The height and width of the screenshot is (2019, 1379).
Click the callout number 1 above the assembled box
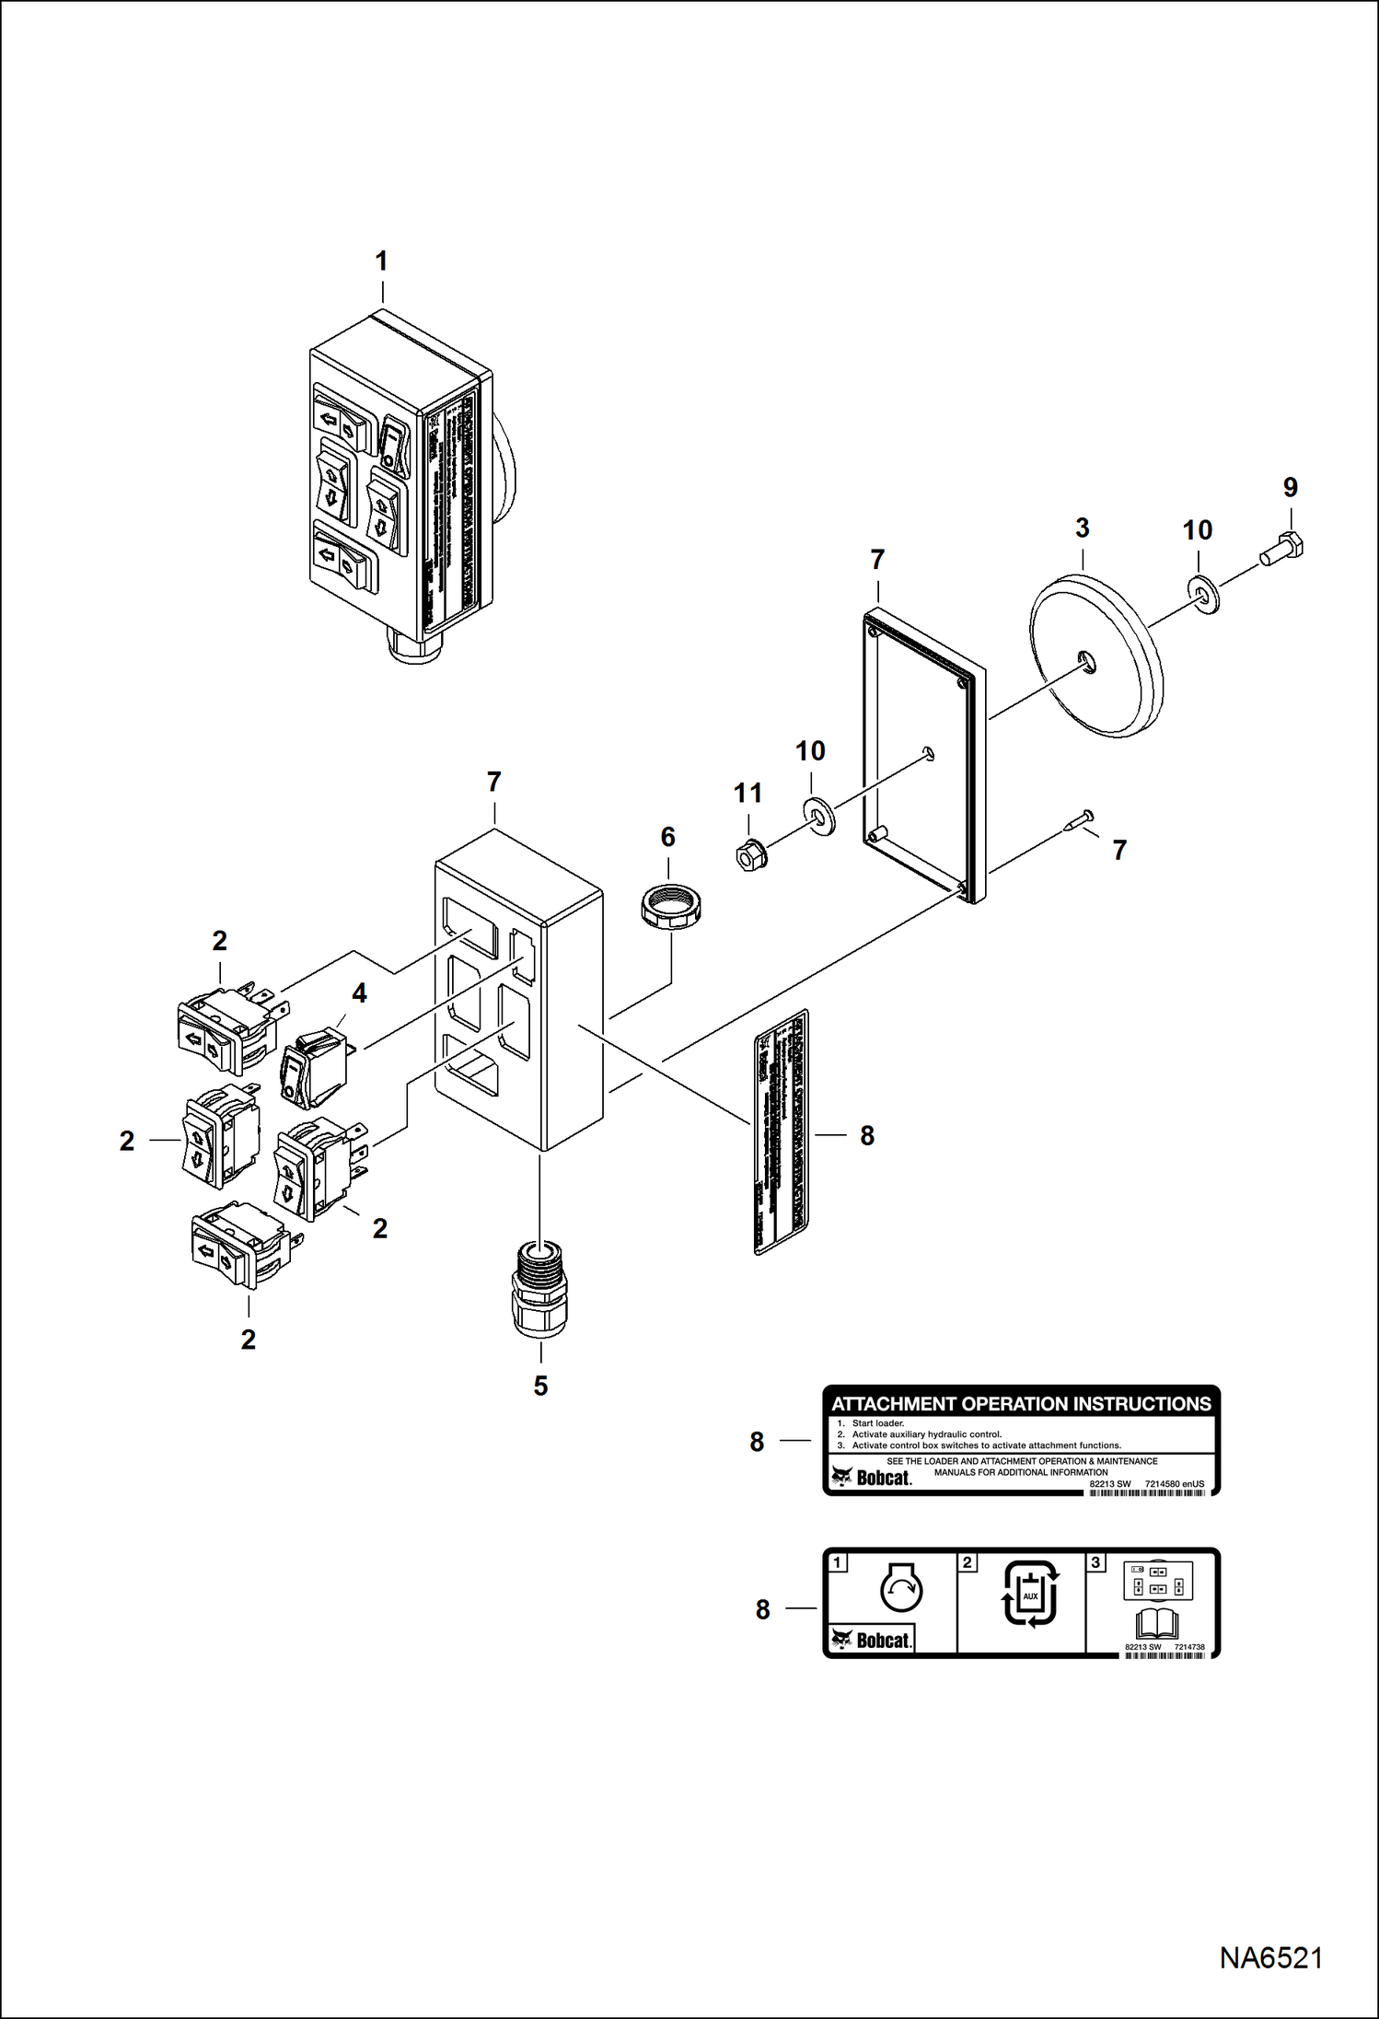(381, 261)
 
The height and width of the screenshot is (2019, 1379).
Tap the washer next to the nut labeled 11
(818, 816)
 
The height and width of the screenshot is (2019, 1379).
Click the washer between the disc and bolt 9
(1204, 597)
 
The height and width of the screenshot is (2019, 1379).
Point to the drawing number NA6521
(1270, 1956)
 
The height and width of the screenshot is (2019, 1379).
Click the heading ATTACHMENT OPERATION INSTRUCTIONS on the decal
(1021, 1403)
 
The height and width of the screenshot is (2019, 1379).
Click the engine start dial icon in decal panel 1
(900, 1590)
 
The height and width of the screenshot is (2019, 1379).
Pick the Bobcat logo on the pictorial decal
(871, 1640)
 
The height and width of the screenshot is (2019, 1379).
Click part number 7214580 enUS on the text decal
(1175, 1483)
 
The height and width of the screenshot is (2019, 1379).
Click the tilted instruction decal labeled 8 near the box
(782, 1132)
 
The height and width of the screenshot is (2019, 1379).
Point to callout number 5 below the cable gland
(540, 1387)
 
